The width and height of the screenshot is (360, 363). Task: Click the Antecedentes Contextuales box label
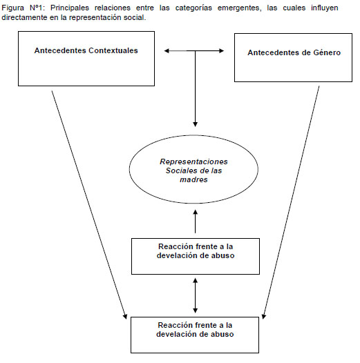(86, 50)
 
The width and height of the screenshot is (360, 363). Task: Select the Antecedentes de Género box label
(294, 52)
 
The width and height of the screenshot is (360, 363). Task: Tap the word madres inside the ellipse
(193, 179)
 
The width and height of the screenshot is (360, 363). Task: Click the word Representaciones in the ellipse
(193, 161)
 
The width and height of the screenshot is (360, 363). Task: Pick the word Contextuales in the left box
(113, 50)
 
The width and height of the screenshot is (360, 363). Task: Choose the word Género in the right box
(327, 52)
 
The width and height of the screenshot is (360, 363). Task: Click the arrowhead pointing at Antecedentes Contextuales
(167, 50)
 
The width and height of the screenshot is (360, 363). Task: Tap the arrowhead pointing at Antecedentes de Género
(221, 50)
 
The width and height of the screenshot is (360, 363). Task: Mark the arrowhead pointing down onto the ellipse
(195, 124)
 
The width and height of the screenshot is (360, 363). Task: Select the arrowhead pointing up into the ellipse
(195, 213)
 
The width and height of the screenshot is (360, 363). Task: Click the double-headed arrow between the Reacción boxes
(195, 295)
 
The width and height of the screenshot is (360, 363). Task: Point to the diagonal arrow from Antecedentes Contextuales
(89, 205)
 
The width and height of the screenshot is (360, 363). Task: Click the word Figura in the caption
(12, 8)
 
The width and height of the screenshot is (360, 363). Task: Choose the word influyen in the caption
(324, 8)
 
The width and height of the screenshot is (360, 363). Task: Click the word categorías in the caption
(193, 8)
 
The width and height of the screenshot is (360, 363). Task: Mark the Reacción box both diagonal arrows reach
(195, 335)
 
